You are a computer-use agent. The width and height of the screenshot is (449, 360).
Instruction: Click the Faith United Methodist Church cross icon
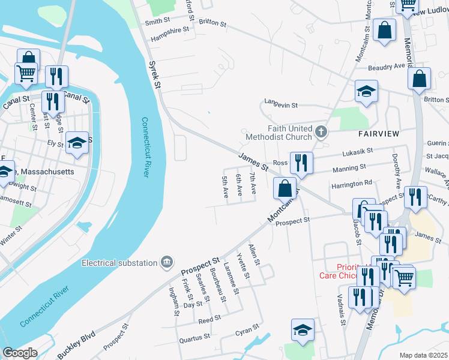pyautogui.click(x=321, y=131)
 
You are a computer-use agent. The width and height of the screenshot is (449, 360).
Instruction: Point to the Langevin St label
pyautogui.click(x=281, y=104)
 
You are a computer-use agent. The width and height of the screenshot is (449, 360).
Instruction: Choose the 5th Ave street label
pyautogui.click(x=225, y=187)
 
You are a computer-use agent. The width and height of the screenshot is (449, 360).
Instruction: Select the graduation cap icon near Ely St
pyautogui.click(x=76, y=143)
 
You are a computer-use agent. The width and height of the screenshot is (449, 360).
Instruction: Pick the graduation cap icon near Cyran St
pyautogui.click(x=303, y=329)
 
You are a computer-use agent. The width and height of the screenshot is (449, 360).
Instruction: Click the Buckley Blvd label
pyautogui.click(x=76, y=346)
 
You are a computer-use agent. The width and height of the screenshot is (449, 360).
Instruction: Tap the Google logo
pyautogui.click(x=20, y=353)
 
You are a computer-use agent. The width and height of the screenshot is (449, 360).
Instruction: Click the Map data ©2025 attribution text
pyautogui.click(x=423, y=355)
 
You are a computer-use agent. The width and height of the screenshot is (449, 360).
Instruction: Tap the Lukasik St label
pyautogui.click(x=357, y=151)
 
